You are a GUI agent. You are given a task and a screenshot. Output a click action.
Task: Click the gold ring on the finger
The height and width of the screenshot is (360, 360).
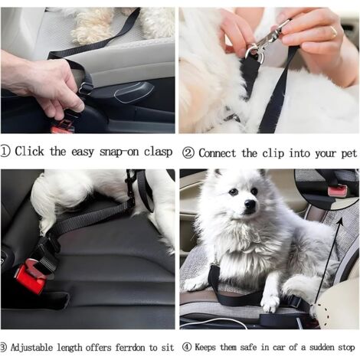[334, 31]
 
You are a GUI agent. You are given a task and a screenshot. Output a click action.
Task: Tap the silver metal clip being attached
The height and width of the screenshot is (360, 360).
[267, 41]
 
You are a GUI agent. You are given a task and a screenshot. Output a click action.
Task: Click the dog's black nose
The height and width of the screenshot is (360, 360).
[250, 204]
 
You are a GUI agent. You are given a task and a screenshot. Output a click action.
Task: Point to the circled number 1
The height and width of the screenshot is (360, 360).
[5, 152]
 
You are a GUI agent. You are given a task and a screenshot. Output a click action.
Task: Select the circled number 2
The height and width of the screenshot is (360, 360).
[188, 153]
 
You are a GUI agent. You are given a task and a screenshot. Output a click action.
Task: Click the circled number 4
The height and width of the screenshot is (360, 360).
[187, 347]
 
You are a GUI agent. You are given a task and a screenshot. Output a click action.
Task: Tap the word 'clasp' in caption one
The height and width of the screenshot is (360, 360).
[158, 152]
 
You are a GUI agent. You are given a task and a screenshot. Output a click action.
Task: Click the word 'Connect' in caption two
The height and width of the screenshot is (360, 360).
[217, 153]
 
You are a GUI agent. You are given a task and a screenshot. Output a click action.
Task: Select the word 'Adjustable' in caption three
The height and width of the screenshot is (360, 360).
[31, 348]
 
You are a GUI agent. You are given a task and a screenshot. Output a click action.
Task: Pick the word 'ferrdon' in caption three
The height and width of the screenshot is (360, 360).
[130, 348]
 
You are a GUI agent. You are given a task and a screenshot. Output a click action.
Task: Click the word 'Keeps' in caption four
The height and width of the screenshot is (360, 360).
[205, 348]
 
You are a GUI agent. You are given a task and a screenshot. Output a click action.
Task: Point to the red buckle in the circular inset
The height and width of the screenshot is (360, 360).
[337, 191]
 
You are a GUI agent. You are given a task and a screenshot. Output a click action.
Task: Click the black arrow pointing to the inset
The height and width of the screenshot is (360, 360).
[327, 260]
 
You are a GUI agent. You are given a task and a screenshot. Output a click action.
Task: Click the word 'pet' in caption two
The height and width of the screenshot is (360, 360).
[349, 154]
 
